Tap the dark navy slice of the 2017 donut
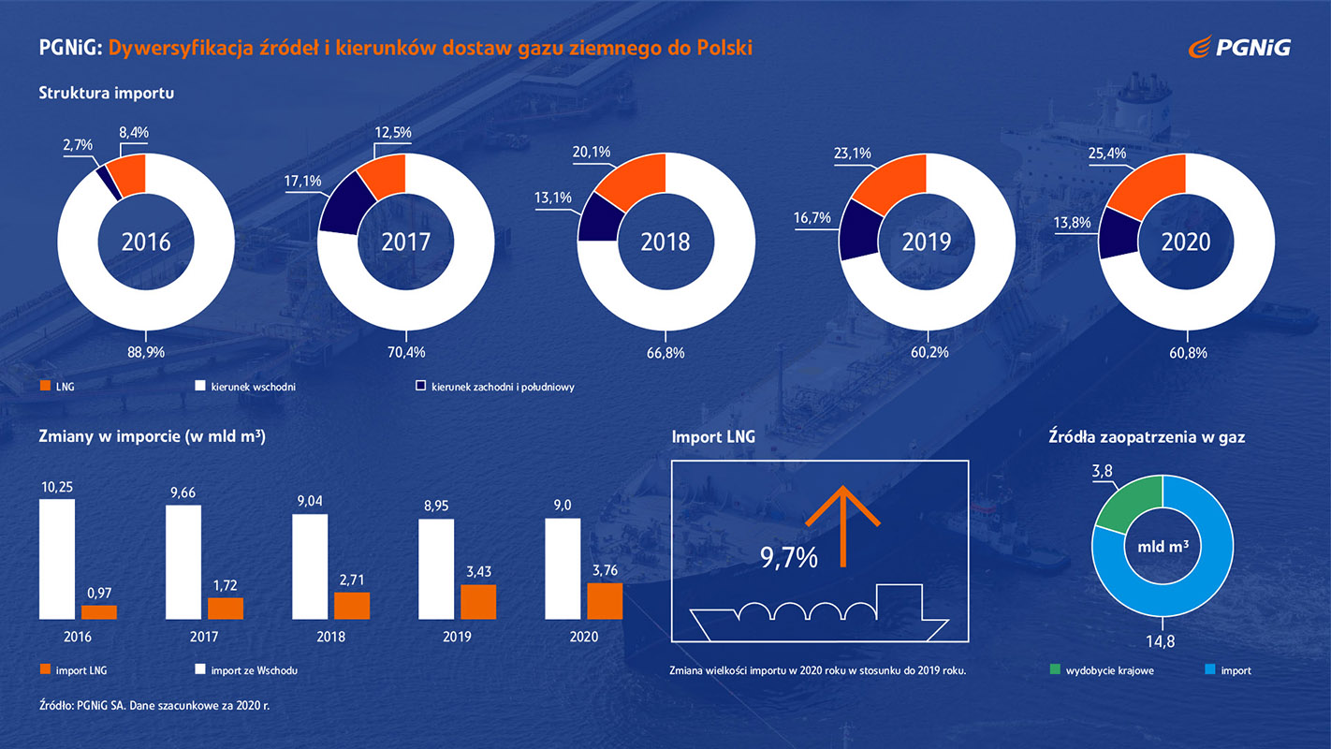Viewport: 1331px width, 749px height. coord(343,203)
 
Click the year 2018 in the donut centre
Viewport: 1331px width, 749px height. coord(665,242)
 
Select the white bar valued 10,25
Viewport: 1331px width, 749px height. coord(56,558)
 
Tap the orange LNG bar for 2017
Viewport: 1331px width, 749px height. coord(226,609)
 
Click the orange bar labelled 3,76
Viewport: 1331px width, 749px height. coord(605,601)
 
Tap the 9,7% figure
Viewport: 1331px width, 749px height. coord(788,559)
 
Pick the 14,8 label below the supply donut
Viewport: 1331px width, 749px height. coord(1163,641)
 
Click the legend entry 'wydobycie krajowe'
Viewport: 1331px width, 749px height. coord(1100,670)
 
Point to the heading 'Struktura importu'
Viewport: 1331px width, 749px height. coord(107,93)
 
